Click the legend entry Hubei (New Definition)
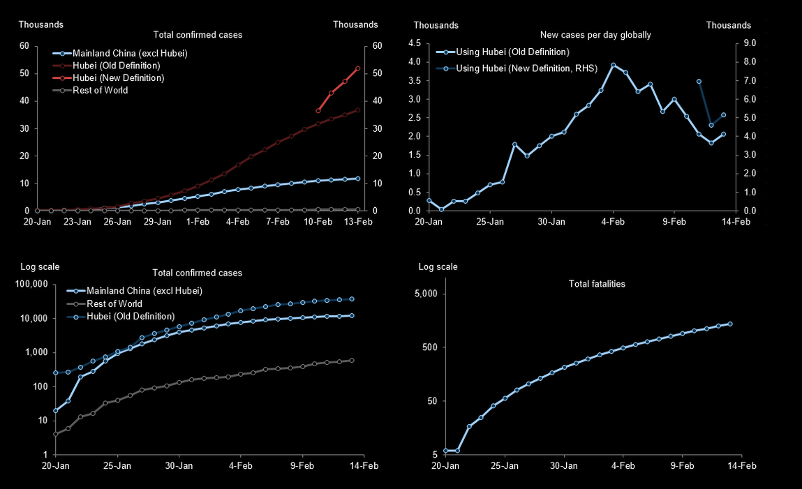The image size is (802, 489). [119, 78]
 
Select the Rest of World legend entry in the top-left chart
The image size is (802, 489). [101, 90]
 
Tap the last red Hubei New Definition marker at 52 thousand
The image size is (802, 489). [358, 68]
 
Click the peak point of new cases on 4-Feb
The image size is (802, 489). [613, 65]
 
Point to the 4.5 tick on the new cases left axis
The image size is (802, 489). [414, 43]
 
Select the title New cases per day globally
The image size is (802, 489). [595, 35]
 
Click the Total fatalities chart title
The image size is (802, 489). [597, 284]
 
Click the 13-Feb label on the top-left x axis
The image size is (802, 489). [358, 222]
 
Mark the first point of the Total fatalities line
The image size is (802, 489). [446, 451]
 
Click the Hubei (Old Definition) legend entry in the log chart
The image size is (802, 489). [131, 316]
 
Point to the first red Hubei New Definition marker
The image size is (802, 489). [318, 110]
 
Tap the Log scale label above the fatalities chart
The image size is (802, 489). [438, 267]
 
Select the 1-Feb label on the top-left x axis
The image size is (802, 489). [198, 222]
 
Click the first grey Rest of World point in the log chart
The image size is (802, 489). [56, 434]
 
